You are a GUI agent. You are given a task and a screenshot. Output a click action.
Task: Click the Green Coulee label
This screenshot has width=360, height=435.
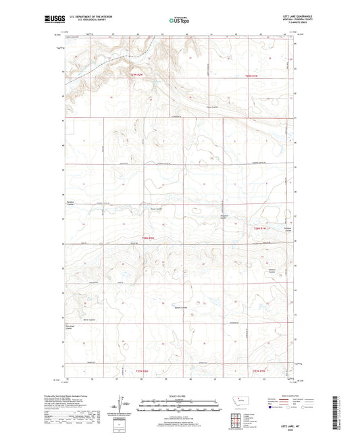[x=157, y=209]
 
